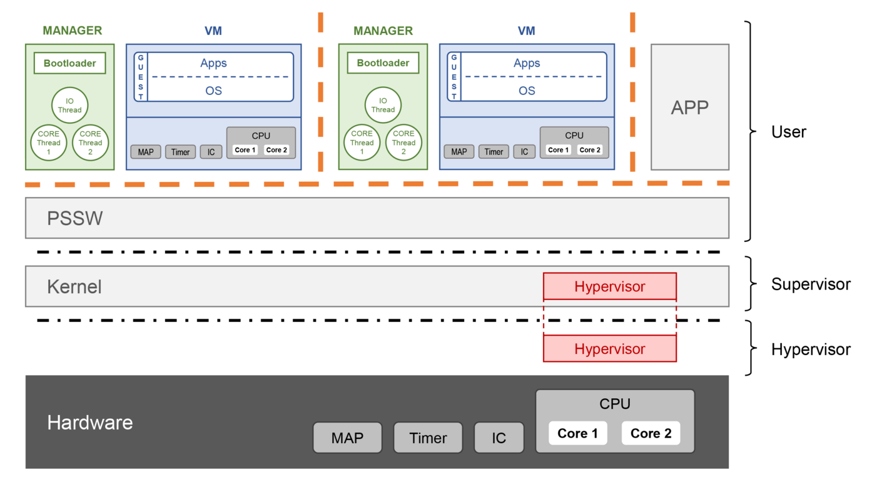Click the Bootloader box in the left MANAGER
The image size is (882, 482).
coord(69,63)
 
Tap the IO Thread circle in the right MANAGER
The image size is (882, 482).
coord(383,105)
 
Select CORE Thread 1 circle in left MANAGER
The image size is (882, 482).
coord(48,143)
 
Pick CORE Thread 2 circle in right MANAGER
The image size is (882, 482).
coord(403,143)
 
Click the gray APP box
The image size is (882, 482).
coord(689,107)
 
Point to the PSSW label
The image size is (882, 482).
coord(75,219)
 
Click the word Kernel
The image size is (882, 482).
coord(74,287)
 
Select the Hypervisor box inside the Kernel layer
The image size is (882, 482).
coord(609,287)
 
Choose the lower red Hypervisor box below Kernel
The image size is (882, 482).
coord(609,349)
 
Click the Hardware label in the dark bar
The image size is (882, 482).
coord(90,423)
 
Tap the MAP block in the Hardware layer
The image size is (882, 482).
coord(347,438)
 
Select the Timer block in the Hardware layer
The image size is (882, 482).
coord(428,438)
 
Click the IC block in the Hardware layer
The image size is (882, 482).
coord(499,438)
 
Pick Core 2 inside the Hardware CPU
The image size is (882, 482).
coord(651,433)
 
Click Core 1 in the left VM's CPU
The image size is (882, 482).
coord(245,150)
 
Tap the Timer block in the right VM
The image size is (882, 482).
coord(494,152)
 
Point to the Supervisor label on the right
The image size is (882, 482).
coord(811,284)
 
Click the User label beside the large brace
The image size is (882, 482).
coord(789,132)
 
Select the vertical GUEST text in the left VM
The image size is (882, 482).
coord(141,77)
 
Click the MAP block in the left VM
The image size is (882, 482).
coord(146,152)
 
